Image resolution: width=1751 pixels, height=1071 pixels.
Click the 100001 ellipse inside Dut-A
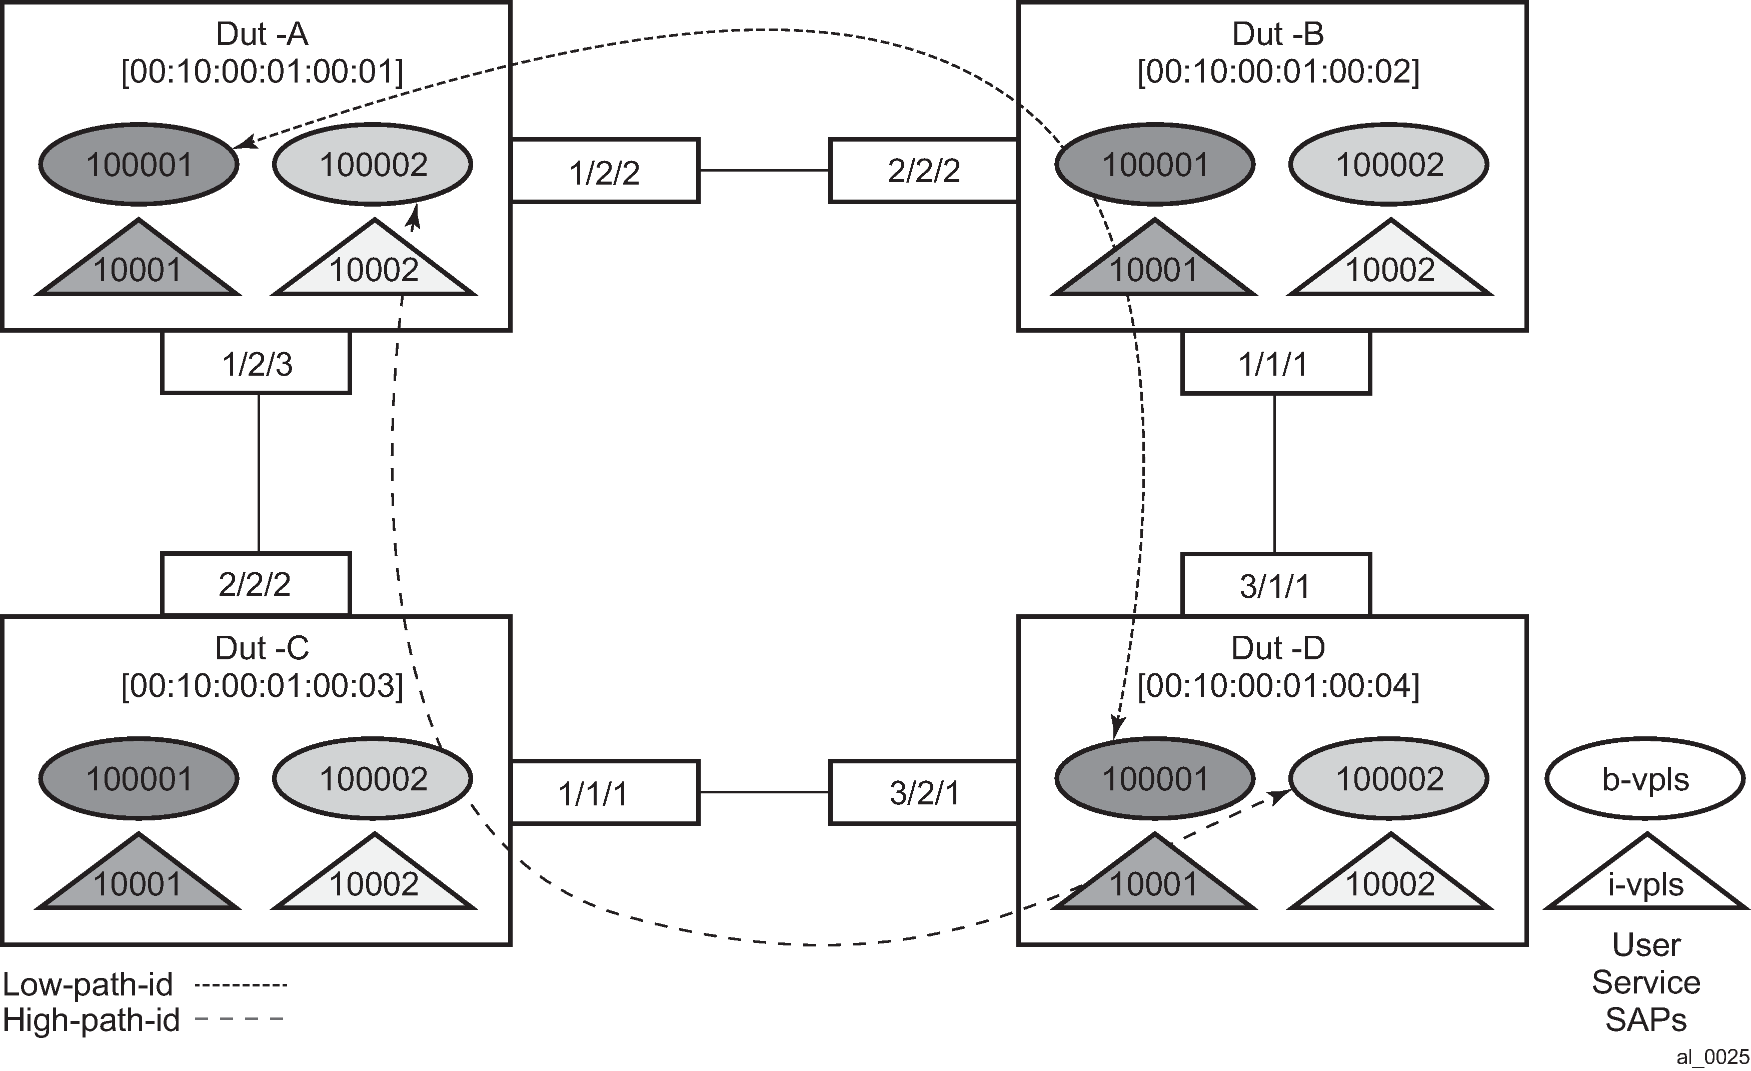(139, 165)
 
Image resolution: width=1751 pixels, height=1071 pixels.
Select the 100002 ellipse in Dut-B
(1389, 165)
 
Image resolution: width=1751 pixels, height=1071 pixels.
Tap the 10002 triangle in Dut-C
(374, 881)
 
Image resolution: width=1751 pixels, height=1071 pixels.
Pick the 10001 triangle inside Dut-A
(139, 267)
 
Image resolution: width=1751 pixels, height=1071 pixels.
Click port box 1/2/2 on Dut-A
(605, 171)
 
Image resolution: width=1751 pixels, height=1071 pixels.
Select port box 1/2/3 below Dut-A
(256, 363)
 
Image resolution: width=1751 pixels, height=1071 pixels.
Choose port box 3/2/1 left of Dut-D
(924, 792)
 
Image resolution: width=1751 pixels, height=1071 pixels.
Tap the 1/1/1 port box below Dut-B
(1275, 363)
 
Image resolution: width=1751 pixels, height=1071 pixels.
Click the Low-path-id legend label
(88, 984)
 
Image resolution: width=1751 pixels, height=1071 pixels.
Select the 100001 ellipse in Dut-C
(139, 779)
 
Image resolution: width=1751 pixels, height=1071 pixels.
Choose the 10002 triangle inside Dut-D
(1389, 881)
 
